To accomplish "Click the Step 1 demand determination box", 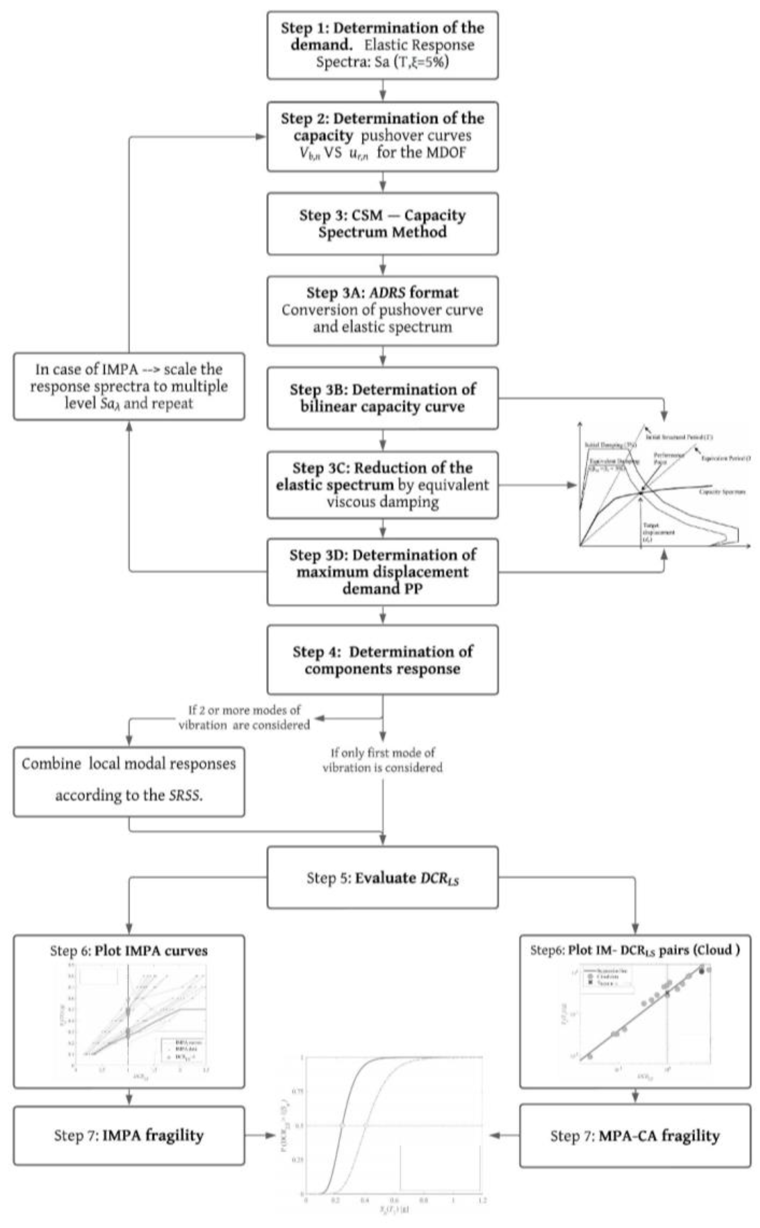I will coord(382,45).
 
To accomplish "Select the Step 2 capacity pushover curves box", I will coord(382,136).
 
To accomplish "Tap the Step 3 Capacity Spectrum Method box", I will coord(382,224).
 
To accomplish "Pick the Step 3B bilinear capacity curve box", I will coord(382,398).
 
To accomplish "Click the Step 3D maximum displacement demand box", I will coord(382,572).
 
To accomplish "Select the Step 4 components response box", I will coord(382,660).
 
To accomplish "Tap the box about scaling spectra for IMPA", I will coord(129,386).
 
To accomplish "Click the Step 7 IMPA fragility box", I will coord(129,1135).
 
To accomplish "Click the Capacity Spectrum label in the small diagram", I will coord(722,492).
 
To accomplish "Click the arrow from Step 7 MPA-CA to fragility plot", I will coord(503,1135).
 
